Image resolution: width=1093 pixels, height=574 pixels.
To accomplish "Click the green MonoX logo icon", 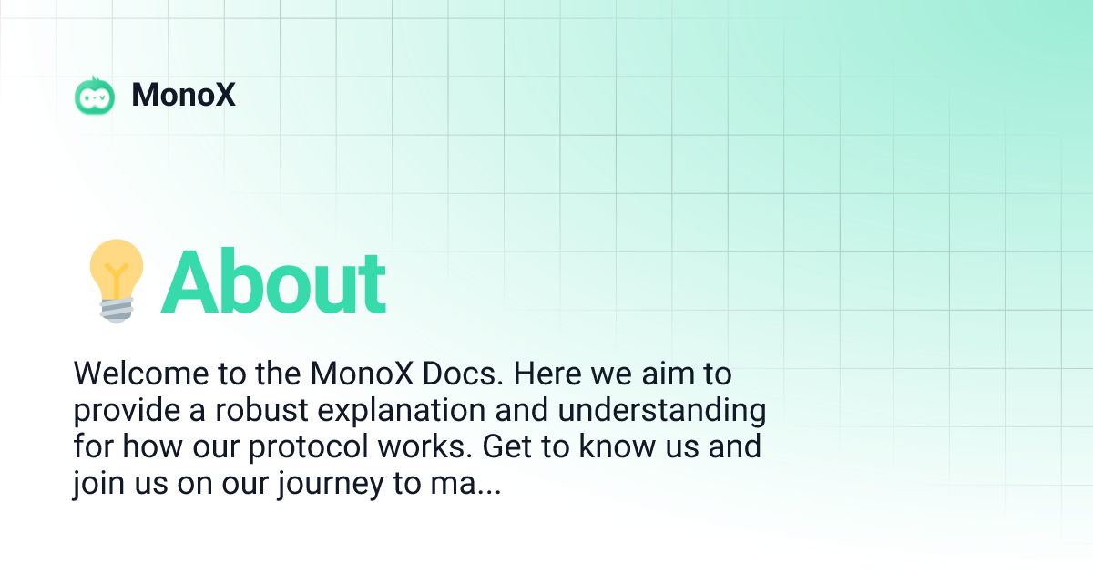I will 95,95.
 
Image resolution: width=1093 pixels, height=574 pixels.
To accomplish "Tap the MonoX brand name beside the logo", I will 184,95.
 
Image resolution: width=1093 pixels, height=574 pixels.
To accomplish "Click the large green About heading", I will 273,282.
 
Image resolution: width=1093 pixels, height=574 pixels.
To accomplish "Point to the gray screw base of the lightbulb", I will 116,310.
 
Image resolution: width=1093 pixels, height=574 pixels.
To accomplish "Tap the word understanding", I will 662,412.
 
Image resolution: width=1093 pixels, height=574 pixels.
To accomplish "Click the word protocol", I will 331,448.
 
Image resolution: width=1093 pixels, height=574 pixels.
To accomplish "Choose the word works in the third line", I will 442,448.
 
